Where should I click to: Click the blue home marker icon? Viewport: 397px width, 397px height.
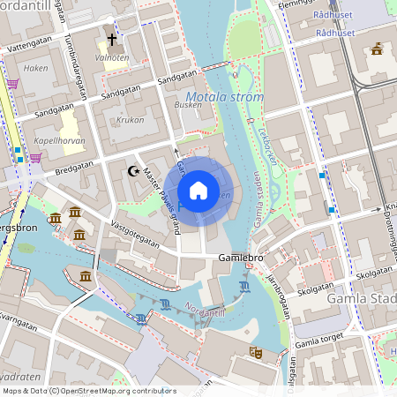198,190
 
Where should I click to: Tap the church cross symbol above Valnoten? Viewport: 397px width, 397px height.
112,40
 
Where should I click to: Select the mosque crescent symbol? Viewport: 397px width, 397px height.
134,170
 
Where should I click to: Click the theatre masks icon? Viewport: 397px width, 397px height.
256,352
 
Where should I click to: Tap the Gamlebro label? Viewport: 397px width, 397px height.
241,258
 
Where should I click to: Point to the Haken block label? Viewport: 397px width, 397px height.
36,67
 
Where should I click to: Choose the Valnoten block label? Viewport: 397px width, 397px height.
112,58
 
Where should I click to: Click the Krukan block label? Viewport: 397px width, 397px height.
131,118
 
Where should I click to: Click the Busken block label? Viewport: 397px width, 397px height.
188,105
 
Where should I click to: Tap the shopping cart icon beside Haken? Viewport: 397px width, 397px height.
12,84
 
